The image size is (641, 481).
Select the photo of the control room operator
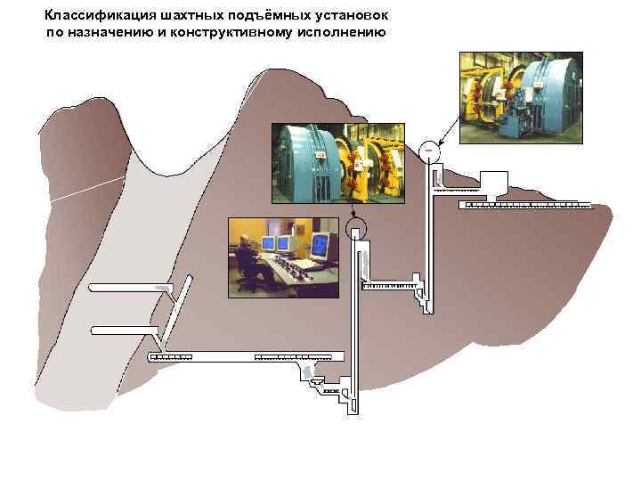[x=283, y=257]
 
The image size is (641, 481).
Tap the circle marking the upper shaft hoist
[x=429, y=148]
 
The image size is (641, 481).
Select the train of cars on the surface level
[x=525, y=205]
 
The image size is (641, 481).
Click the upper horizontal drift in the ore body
[x=129, y=288]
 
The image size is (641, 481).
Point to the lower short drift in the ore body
[x=125, y=330]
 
